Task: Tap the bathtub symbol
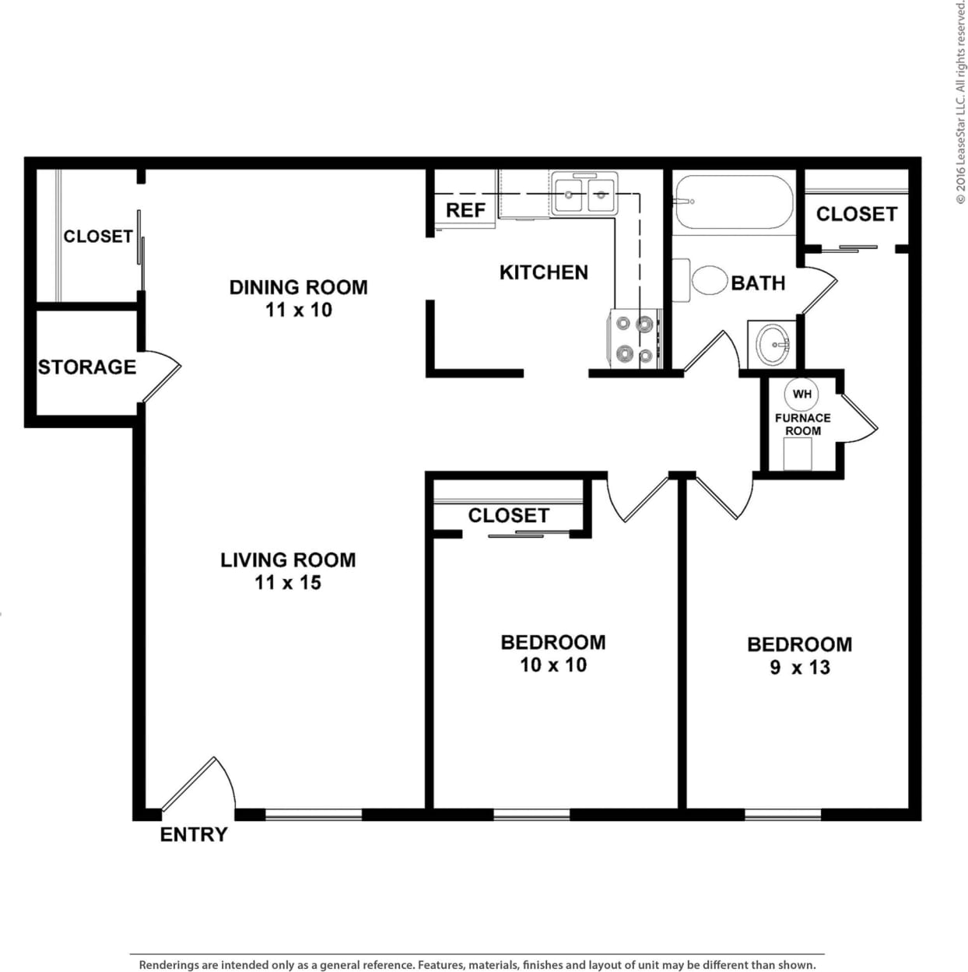coord(732,202)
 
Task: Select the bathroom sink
coord(773,342)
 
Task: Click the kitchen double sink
coord(584,194)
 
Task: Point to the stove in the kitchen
coord(634,339)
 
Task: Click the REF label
coord(465,210)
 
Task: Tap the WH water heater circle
coord(801,394)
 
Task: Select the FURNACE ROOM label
coord(802,424)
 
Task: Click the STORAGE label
coord(87,367)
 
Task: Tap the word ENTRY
coord(194,834)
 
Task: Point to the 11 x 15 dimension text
coord(288,582)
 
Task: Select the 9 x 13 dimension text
coord(799,667)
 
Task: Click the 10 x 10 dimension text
coord(553,665)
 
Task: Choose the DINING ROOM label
coord(298,287)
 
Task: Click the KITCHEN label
coord(543,272)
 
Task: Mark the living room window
coord(313,815)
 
